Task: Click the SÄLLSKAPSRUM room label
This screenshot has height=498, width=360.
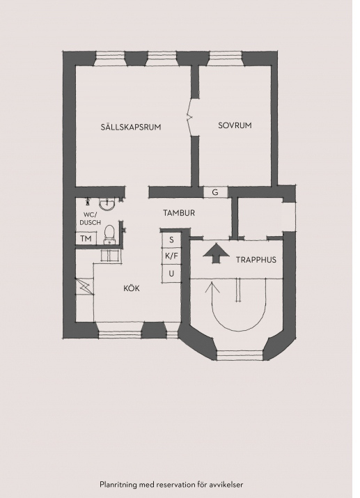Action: pos(131,127)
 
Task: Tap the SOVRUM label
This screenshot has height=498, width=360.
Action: pos(235,125)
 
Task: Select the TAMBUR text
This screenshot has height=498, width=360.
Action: pos(179,213)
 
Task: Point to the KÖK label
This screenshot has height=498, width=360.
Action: pos(132,288)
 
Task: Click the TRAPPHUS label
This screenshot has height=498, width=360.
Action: pos(256,260)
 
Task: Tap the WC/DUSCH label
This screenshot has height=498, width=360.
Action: pos(90,219)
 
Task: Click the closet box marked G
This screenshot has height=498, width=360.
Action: pos(216,192)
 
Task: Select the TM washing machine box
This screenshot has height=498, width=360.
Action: pos(86,238)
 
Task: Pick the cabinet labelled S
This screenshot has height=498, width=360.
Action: pos(171,240)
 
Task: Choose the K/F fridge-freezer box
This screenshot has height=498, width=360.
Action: pos(171,256)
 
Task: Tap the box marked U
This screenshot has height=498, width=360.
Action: pos(171,273)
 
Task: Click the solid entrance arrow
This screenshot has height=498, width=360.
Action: pos(216,253)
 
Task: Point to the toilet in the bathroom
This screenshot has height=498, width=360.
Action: pos(109,235)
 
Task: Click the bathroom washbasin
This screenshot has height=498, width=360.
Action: pos(107,203)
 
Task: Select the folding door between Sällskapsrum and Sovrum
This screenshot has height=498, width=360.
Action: pos(191,117)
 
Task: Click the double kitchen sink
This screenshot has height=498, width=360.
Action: pos(110,256)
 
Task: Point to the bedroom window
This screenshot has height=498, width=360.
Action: pos(226,59)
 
